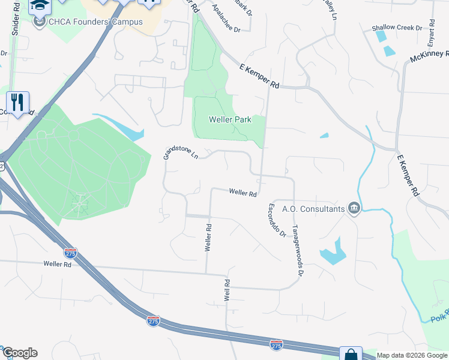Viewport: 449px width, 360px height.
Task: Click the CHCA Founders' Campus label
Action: point(96,22)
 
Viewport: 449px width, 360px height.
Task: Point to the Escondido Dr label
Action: point(276,220)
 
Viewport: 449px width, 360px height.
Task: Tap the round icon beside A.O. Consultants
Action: point(354,208)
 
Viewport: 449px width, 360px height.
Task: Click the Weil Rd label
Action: point(228,290)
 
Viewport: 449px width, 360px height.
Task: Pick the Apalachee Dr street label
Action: point(226,20)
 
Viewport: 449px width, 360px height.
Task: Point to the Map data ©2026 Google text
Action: point(412,355)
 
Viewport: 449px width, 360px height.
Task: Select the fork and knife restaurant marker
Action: point(18,102)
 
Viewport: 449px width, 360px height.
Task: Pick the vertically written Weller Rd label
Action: point(208,238)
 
